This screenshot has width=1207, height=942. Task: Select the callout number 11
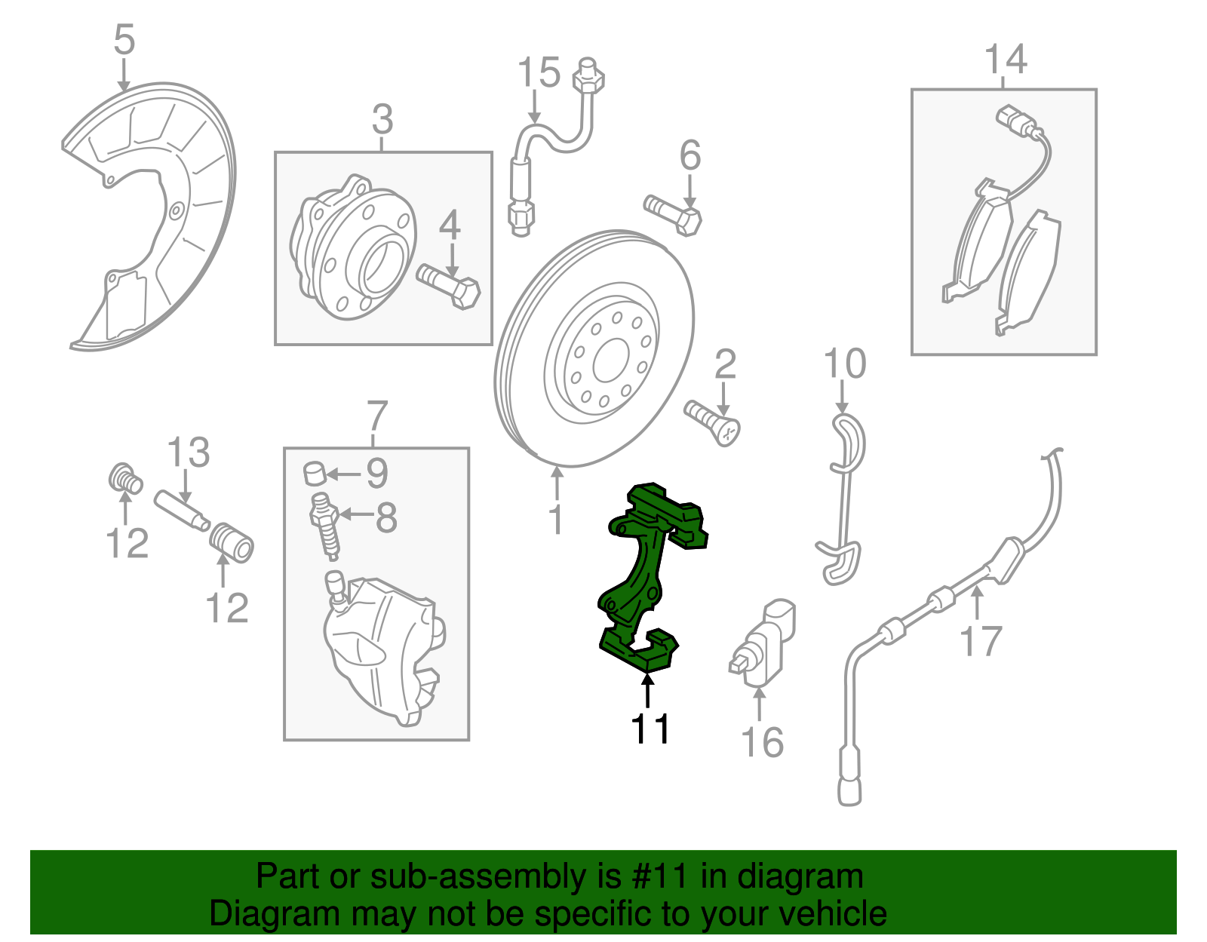click(x=650, y=729)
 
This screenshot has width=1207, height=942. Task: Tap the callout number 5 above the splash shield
click(x=124, y=39)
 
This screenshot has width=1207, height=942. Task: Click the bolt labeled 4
click(x=448, y=287)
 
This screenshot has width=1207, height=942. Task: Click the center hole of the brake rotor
click(x=610, y=361)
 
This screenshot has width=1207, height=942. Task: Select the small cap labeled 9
click(x=314, y=473)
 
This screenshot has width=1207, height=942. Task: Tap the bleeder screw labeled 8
click(x=325, y=526)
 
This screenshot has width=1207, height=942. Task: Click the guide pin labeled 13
click(x=181, y=511)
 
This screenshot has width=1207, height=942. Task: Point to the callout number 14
click(x=1006, y=60)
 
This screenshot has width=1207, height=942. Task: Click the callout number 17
click(x=981, y=641)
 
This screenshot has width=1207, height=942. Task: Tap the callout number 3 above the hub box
click(x=382, y=119)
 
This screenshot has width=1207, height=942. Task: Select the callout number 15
click(x=539, y=72)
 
